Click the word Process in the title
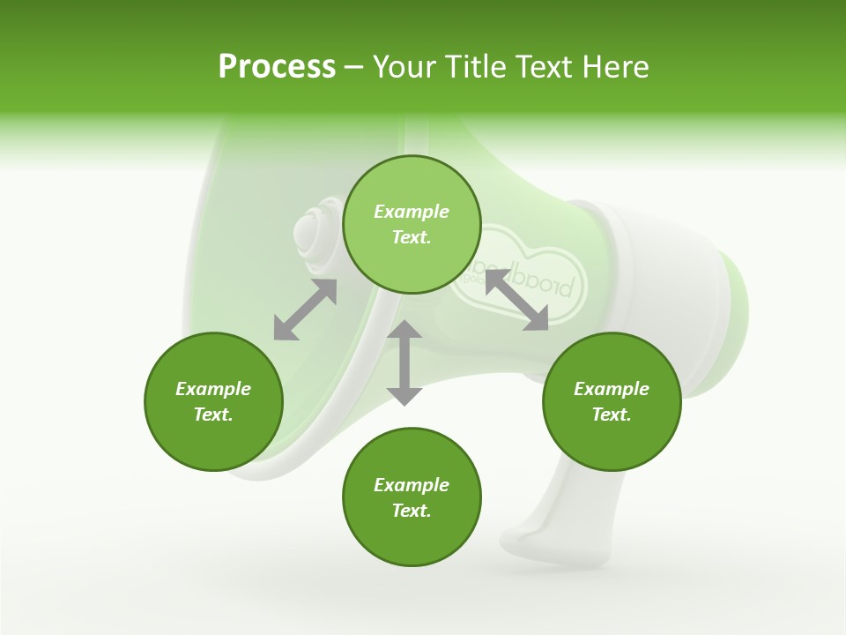(277, 67)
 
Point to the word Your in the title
(404, 67)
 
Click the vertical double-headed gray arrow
(404, 362)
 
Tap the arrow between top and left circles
(305, 310)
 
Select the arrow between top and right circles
(516, 300)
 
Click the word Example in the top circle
(412, 212)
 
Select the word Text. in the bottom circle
(412, 511)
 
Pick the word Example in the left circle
(213, 389)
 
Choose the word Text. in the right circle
(612, 415)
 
